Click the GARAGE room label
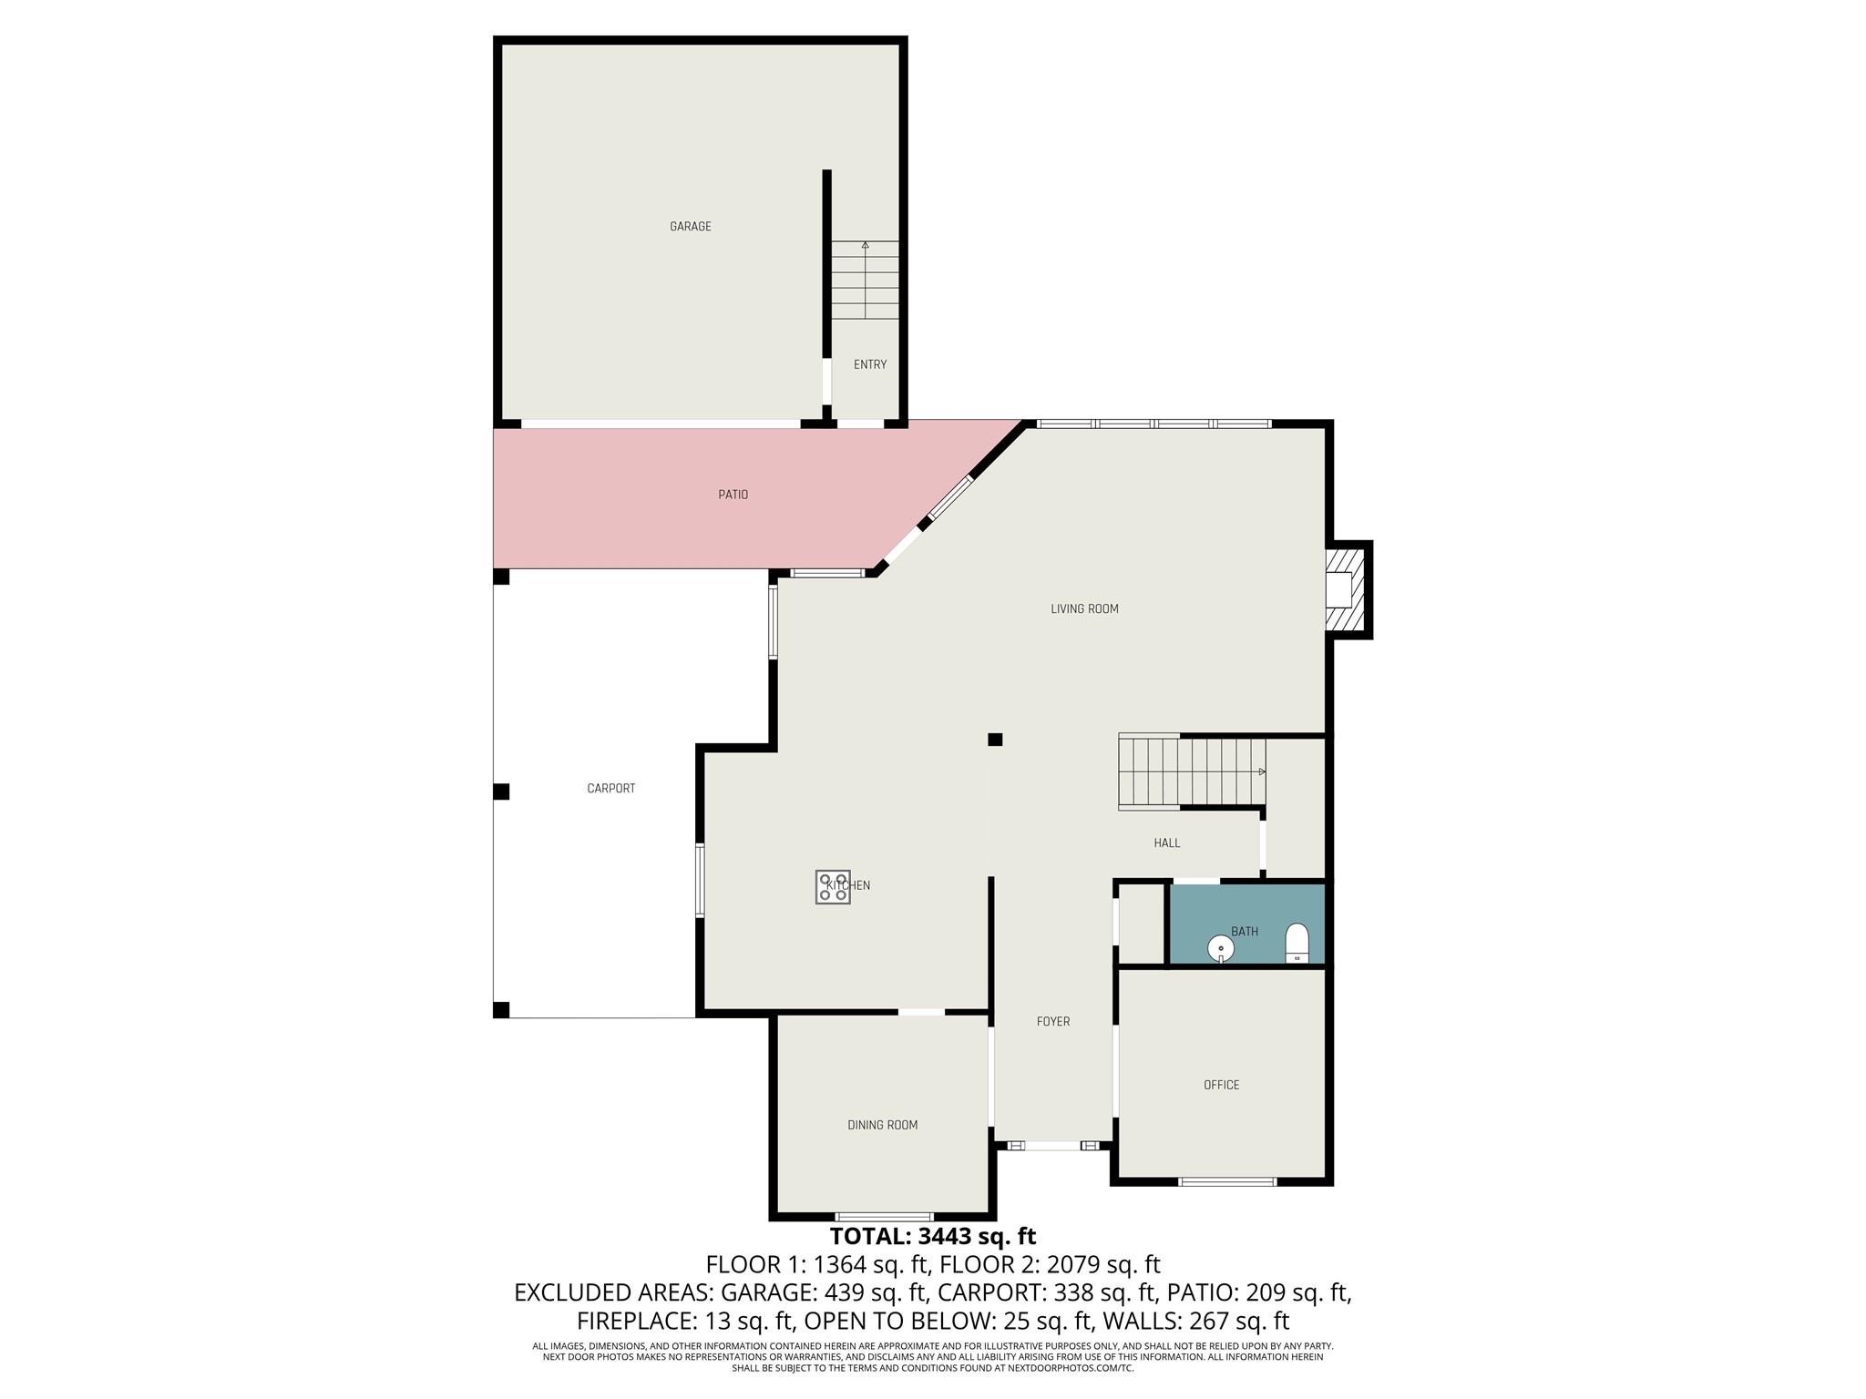(690, 227)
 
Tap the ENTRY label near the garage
(869, 364)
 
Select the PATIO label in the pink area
(733, 495)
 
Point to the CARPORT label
(610, 789)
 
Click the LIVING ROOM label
(1083, 609)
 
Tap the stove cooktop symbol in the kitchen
(832, 887)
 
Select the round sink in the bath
(1220, 949)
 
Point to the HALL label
(1166, 843)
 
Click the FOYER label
(1052, 1022)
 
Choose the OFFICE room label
(1221, 1085)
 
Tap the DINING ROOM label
(882, 1125)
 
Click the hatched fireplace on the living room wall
(1347, 590)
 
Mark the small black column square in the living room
(995, 740)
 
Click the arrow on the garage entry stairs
(865, 246)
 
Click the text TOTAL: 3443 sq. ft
(932, 1236)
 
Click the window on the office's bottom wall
(1226, 1182)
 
